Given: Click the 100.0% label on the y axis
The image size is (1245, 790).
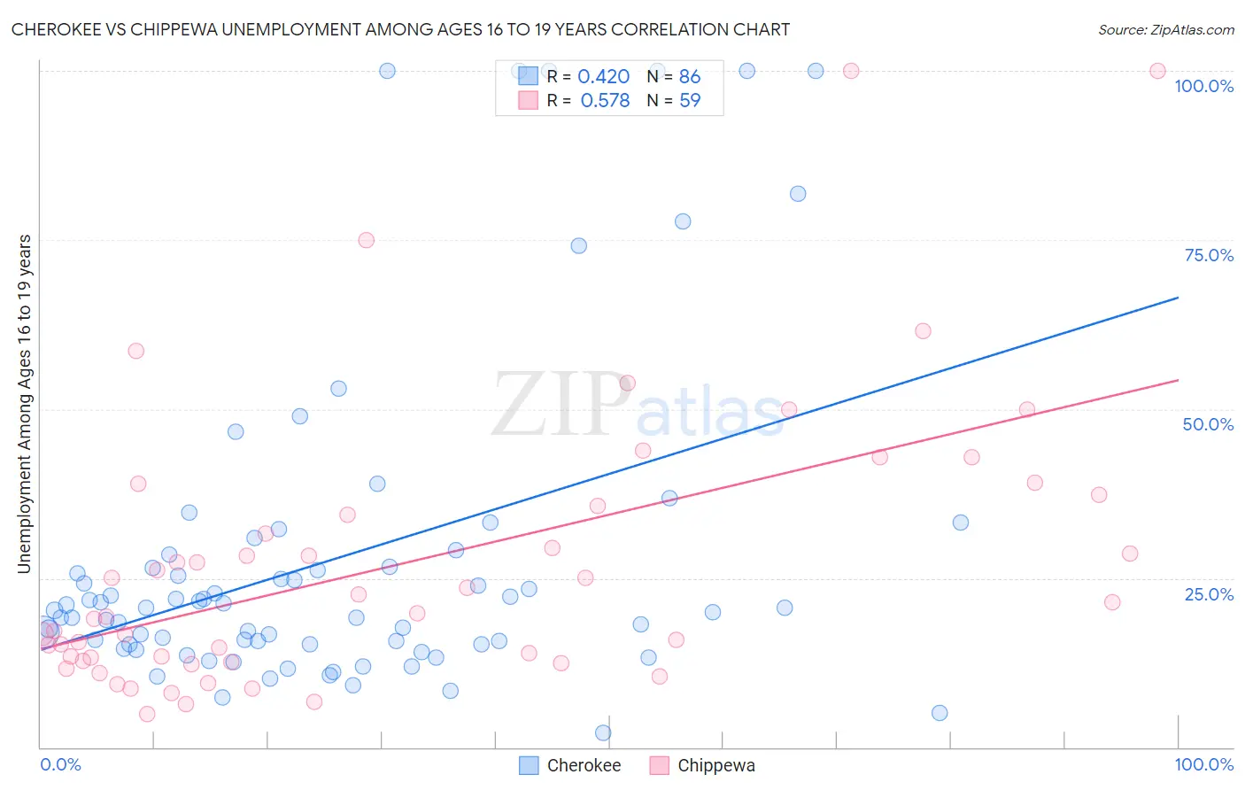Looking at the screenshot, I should pos(1203,86).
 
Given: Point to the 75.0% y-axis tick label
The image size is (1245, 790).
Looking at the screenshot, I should pos(1209,255).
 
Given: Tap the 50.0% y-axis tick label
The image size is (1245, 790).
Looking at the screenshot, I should pos(1208,424).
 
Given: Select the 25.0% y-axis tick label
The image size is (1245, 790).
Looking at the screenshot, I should pos(1209,593).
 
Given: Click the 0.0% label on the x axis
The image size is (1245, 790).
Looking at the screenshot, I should pos(60,764).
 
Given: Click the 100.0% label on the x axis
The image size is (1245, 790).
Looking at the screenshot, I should pos(1203,764).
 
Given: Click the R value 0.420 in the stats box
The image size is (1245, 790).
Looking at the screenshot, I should pos(603,77).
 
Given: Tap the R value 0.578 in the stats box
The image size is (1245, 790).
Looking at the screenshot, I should pos(605,101).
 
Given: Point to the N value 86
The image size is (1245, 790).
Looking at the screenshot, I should pos(690,77).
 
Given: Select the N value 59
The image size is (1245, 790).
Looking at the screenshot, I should pos(690,101).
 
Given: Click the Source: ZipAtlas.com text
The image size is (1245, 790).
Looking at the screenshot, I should pos(1165,29).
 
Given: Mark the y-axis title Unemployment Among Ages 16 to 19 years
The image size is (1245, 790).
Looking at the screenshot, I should pos(24,404).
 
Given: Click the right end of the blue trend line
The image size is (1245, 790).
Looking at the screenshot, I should pos(1178,298).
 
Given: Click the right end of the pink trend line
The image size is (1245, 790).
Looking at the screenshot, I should pos(1178,380).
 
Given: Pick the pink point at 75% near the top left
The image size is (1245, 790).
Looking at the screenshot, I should pos(366,240).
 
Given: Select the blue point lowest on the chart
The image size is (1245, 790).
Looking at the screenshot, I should pos(603,732).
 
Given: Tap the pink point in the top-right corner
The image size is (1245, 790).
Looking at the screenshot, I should pos(1157,71).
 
